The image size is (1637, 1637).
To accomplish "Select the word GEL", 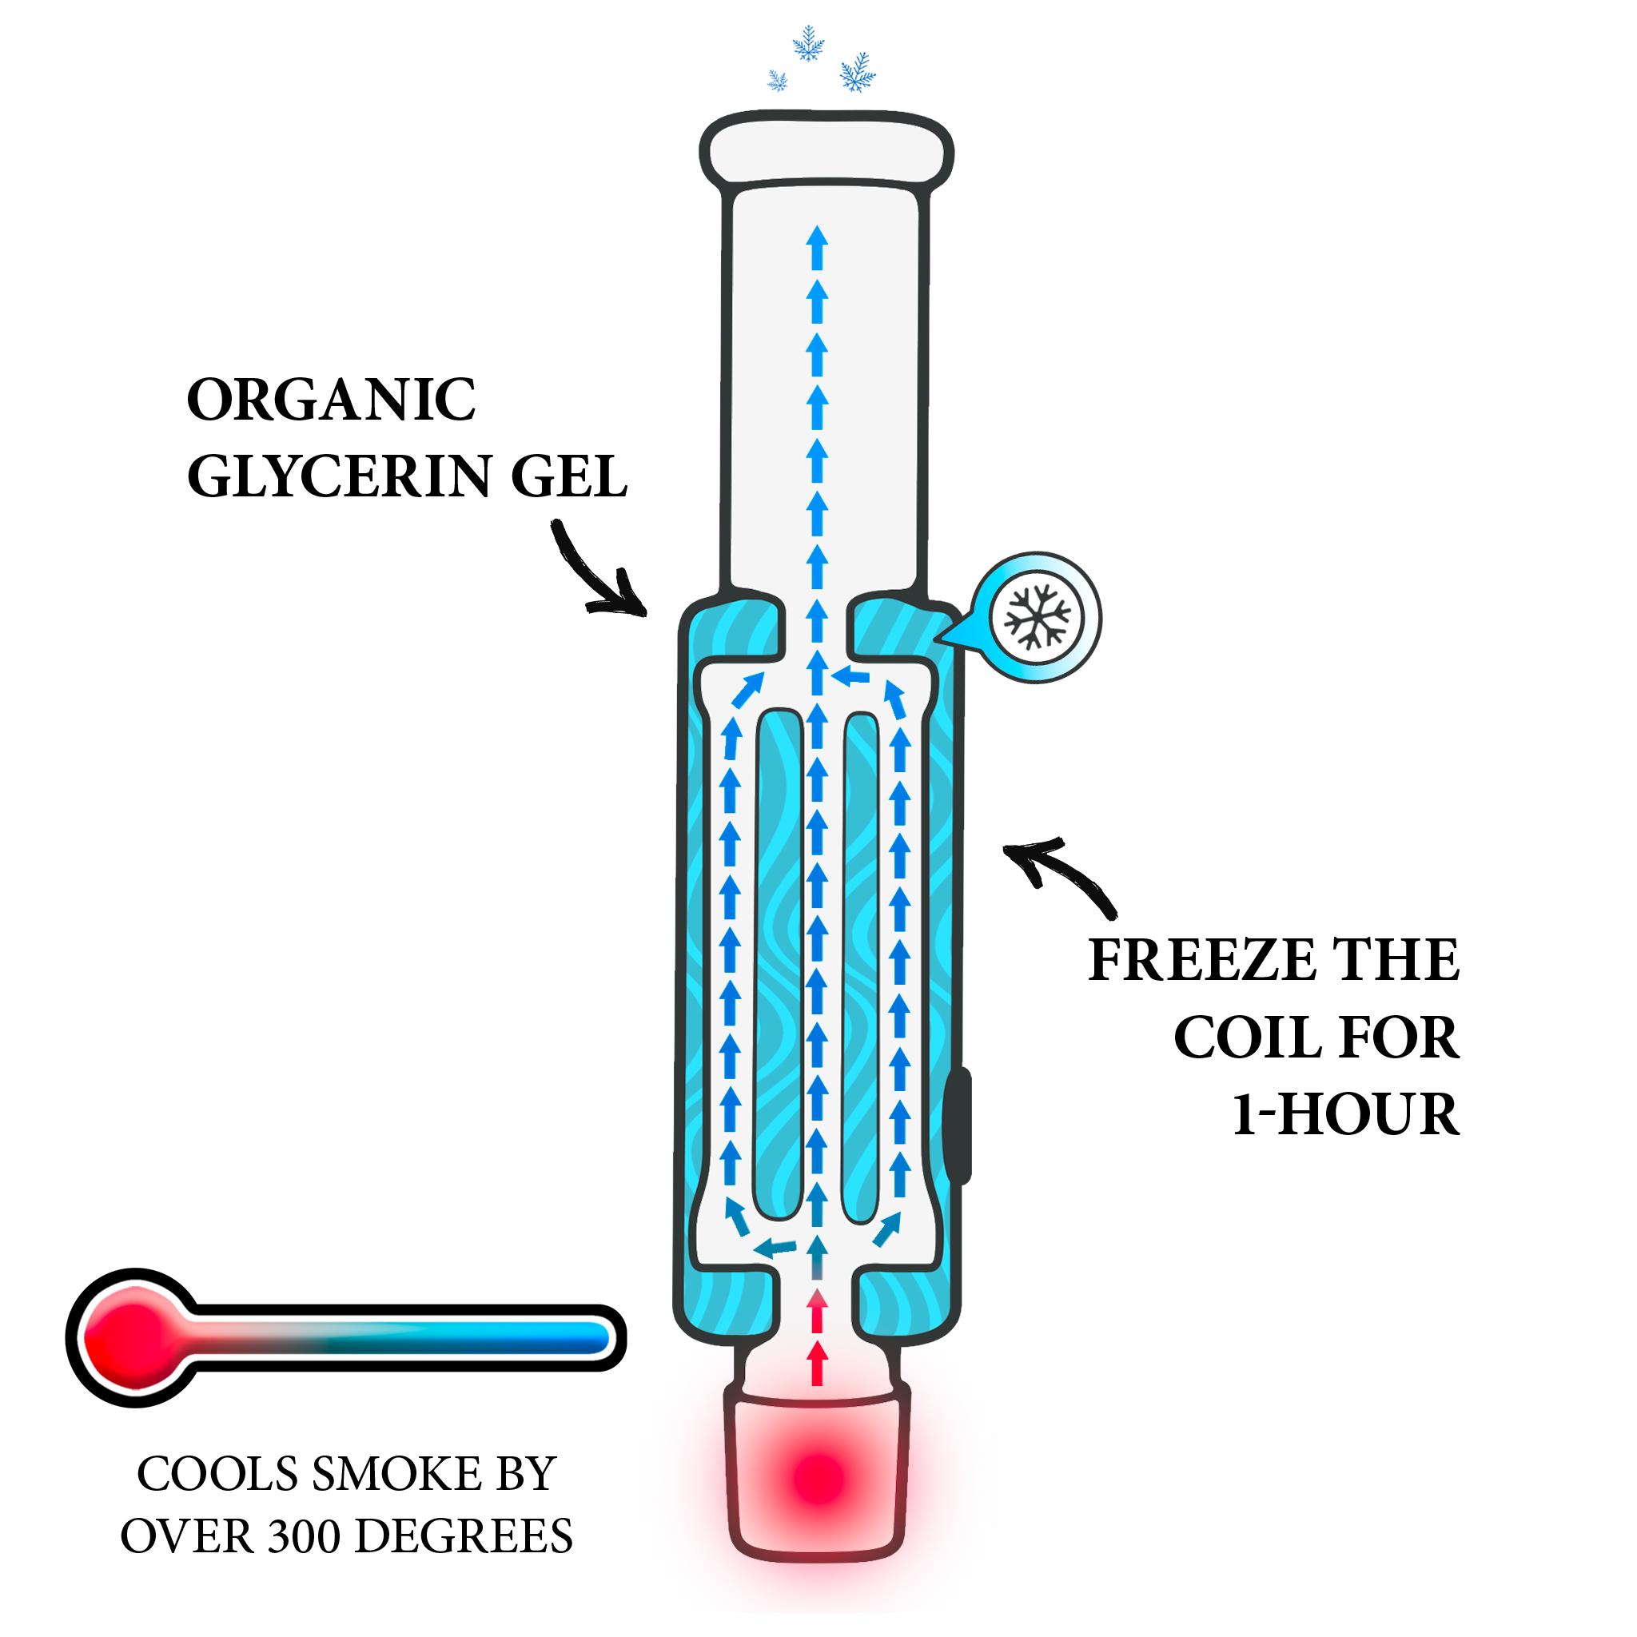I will [x=568, y=477].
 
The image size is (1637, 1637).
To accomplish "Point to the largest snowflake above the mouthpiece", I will [x=858, y=73].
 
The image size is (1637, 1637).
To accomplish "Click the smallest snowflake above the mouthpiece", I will [x=777, y=81].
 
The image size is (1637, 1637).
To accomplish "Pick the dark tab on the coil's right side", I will [x=960, y=1126].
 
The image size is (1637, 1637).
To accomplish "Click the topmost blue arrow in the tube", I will [x=817, y=237].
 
